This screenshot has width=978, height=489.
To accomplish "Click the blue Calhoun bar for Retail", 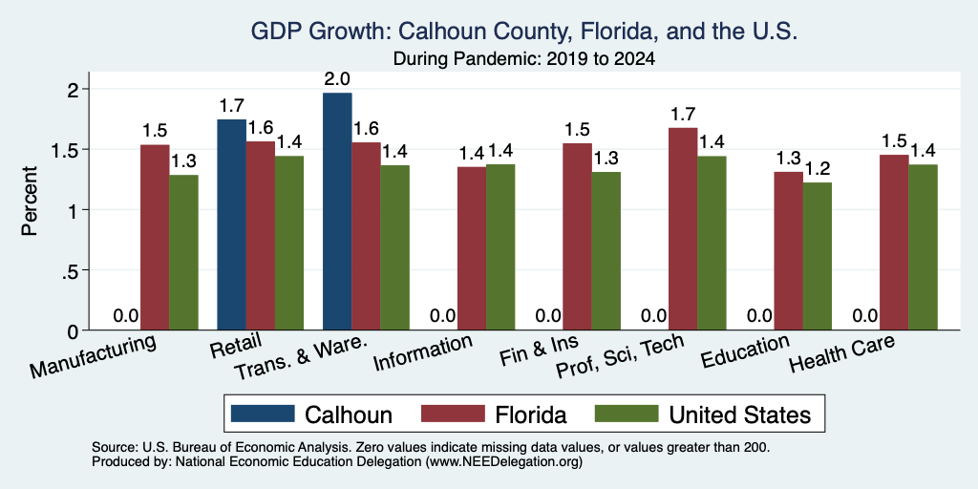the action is (231, 224).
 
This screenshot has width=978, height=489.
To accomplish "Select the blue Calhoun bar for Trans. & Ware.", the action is (337, 211).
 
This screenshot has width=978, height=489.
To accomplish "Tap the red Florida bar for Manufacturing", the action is (155, 238).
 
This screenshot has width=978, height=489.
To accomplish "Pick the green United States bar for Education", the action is (818, 256).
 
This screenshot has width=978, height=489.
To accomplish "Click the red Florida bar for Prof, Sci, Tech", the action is (683, 229).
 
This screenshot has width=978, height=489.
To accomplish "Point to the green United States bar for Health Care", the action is (924, 247).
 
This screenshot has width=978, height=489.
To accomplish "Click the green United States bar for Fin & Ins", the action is (606, 251).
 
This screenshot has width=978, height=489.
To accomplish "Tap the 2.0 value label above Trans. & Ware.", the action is (337, 79).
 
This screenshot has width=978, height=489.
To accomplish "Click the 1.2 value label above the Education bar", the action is (818, 169).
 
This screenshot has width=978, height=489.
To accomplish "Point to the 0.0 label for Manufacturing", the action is (126, 316).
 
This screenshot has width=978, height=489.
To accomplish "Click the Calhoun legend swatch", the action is (263, 414).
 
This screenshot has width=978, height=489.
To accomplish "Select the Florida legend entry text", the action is (531, 415).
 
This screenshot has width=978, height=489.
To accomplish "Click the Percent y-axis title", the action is (30, 201).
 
